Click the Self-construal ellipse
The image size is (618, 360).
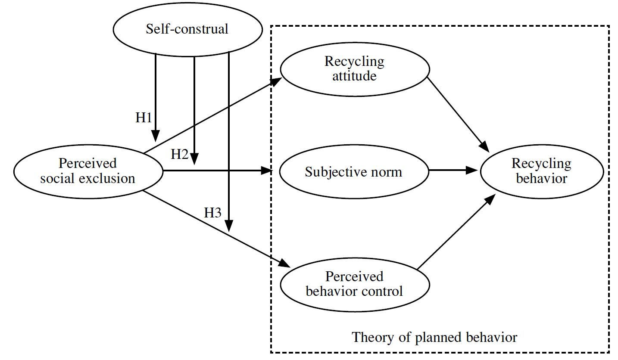click(187, 29)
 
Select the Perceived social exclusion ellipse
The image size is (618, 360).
click(88, 171)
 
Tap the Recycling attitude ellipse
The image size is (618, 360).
click(354, 68)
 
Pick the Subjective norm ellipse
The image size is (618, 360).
click(353, 172)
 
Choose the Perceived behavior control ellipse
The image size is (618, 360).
click(354, 284)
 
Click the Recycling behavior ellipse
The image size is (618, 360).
click(542, 171)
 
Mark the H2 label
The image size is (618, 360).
click(180, 155)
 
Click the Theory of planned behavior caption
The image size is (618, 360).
click(434, 337)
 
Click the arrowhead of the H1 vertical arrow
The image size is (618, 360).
click(155, 137)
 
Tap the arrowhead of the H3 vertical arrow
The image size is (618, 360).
click(229, 226)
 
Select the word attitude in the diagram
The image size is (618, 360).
click(354, 76)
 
